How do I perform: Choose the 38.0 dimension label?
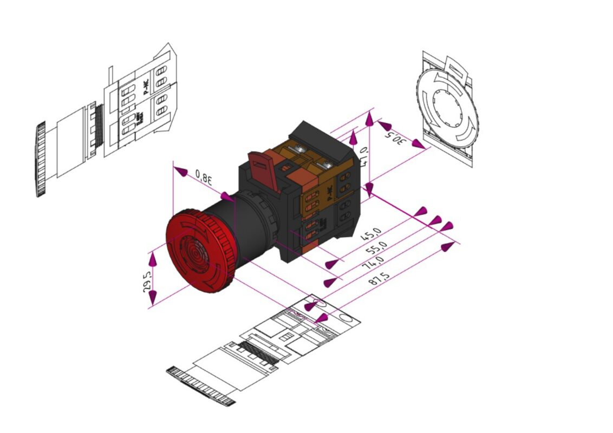coord(204,176)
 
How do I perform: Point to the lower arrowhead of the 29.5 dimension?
coord(153,296)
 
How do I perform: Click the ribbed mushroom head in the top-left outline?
coord(41,160)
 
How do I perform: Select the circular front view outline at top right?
coord(447,108)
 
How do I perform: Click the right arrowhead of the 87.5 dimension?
coord(447,247)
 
